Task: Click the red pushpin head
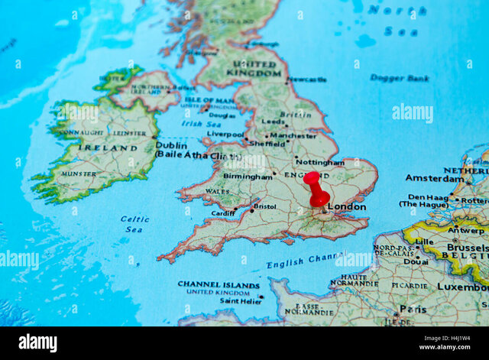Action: point(312,178)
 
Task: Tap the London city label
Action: point(346,206)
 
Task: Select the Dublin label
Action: point(171,144)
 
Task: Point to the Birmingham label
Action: point(248,177)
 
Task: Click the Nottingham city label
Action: point(319,162)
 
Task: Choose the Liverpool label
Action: point(225,134)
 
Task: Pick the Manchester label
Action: point(293,135)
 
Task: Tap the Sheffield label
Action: point(267,144)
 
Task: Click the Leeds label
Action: point(273,122)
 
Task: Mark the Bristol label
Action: point(265,206)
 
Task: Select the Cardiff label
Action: point(224,213)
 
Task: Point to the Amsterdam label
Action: point(434,178)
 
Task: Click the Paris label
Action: point(413,310)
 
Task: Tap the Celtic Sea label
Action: point(134,224)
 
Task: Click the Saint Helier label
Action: point(241,301)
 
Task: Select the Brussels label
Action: point(467,248)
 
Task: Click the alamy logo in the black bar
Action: point(37,342)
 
